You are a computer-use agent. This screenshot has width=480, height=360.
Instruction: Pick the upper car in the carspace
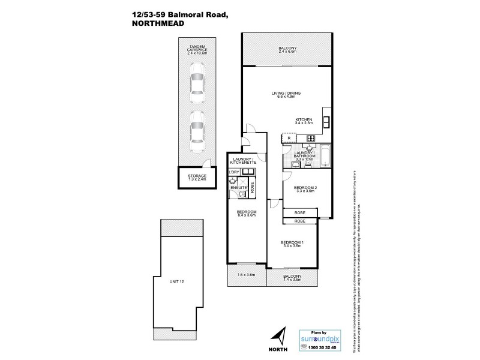pos(197,85)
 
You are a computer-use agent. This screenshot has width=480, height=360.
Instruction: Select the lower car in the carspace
pos(197,134)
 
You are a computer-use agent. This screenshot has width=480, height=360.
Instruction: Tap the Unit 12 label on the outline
pos(176,265)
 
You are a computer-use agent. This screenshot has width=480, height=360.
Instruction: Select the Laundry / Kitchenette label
pos(245,161)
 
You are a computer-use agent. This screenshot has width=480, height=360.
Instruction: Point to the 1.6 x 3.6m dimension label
pos(247,275)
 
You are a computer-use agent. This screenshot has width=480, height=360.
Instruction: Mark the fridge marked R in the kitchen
pos(290,138)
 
